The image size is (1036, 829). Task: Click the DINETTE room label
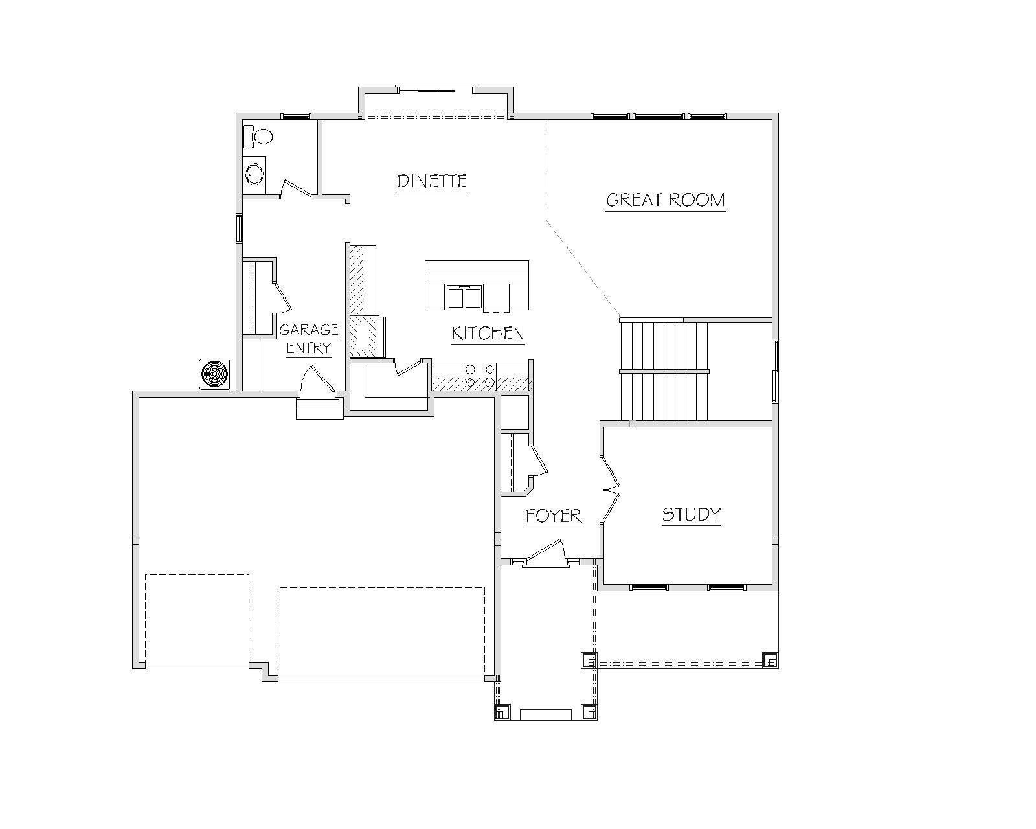(x=432, y=181)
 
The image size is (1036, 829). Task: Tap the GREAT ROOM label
(x=666, y=200)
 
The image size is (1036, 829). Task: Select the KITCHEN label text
(x=488, y=334)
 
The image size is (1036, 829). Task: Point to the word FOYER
(x=554, y=516)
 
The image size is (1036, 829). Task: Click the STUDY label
(x=692, y=514)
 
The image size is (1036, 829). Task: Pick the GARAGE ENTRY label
(x=309, y=339)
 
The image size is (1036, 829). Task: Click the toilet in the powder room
(x=258, y=137)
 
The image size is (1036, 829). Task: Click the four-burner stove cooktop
(x=480, y=376)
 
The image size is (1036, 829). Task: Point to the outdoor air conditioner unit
(x=214, y=374)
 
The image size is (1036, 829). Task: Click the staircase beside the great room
(x=664, y=371)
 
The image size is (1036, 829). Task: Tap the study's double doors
(x=611, y=489)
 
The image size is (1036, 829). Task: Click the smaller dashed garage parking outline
(x=197, y=620)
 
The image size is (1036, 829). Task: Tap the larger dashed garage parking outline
(x=381, y=633)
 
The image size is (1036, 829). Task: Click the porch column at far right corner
(x=770, y=659)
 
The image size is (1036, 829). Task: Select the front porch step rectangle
(x=545, y=715)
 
